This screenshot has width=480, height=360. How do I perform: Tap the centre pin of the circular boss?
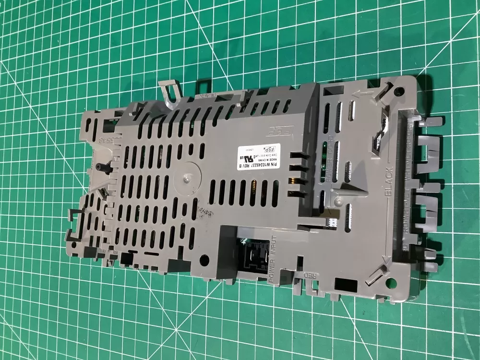[185, 180]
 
